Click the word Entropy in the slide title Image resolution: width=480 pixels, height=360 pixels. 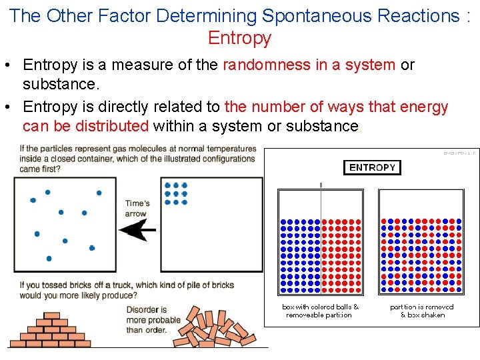239,38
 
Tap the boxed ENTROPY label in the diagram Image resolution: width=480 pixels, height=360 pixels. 372,167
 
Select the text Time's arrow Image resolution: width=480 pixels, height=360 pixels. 137,208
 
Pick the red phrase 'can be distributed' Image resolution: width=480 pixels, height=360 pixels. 85,126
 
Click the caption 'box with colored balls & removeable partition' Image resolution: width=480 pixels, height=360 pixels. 320,311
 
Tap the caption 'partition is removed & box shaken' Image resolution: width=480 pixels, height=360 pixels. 422,311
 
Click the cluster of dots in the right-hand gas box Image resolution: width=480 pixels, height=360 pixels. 175,193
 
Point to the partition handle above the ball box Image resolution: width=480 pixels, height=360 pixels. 321,185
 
